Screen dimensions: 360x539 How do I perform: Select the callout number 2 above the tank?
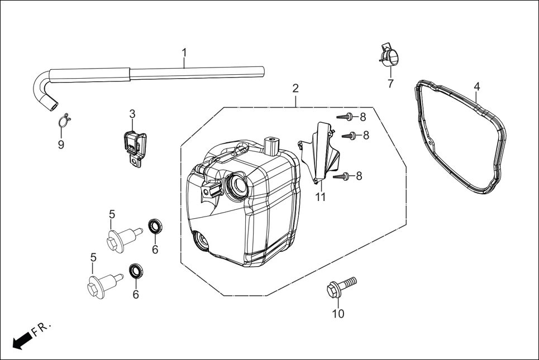pos(295,88)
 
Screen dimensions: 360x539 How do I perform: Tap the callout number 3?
pos(132,114)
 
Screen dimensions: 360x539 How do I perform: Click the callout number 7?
pos(390,84)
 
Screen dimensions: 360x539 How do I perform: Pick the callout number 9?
pos(61,145)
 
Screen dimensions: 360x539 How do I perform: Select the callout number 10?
pos(338,314)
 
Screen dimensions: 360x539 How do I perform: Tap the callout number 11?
pos(320,197)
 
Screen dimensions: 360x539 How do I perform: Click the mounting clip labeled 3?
pos(134,145)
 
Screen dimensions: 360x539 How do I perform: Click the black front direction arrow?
pos(21,339)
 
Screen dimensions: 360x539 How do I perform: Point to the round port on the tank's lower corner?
pos(200,241)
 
